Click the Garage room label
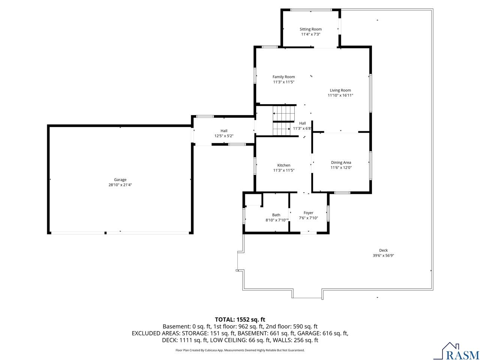(x=120, y=180)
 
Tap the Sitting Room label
(x=310, y=29)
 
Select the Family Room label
(x=283, y=77)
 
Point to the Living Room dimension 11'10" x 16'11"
(x=340, y=95)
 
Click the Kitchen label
(x=283, y=165)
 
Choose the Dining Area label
(x=341, y=162)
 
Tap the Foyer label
(x=308, y=213)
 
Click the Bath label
(x=276, y=215)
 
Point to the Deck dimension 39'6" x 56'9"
(x=383, y=255)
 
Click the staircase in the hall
(x=283, y=121)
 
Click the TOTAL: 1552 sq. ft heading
(x=240, y=319)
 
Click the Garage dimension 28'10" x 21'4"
(x=120, y=185)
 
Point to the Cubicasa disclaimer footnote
(x=240, y=350)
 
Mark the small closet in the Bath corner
(x=253, y=199)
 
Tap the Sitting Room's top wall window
(x=311, y=10)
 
